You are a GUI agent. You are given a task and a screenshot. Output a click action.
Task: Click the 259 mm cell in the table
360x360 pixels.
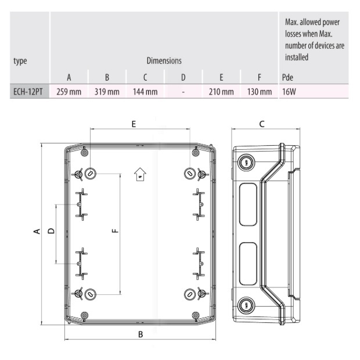coord(69,91)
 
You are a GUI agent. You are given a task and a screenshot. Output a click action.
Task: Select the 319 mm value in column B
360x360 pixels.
coord(107,91)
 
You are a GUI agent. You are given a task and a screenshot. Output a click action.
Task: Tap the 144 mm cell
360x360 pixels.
coord(145,91)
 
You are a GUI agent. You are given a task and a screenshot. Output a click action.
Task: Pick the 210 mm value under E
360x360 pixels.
coord(221,91)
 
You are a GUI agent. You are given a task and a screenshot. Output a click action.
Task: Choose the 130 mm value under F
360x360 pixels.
coord(258,91)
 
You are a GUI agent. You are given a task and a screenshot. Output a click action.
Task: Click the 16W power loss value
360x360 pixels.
coord(289,91)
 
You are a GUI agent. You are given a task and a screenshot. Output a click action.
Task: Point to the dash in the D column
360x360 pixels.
coord(183,91)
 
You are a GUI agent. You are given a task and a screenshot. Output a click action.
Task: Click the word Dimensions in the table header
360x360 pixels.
coord(164,60)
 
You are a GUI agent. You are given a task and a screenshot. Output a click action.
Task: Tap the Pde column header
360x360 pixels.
coord(288,77)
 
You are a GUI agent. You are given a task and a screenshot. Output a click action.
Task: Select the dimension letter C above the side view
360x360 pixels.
coord(262,124)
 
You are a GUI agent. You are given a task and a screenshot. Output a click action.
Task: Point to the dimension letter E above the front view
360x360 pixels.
coord(134,124)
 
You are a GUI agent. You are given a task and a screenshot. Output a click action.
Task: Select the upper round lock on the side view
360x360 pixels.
coord(246,163)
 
